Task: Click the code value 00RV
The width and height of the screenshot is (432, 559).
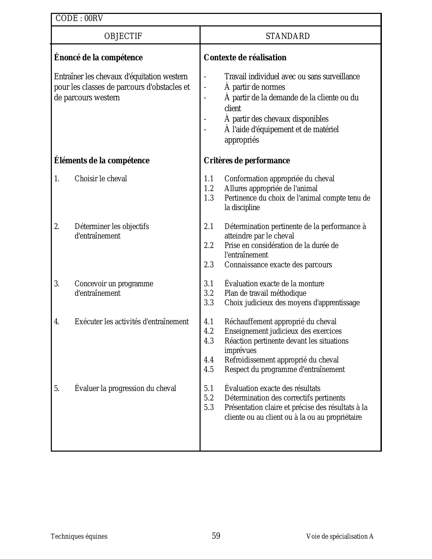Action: pos(94,19)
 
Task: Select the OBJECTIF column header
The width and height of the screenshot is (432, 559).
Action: pos(123,36)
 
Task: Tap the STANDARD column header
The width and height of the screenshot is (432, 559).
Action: pos(288,36)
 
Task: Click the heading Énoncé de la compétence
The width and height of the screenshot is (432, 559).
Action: pos(98,58)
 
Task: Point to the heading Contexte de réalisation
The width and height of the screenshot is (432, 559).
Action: pos(245,58)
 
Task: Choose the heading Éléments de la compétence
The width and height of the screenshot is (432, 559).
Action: pos(102,161)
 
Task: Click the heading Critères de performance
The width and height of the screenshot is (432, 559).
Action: pos(247,161)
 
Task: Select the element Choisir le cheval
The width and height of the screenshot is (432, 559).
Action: pos(101,179)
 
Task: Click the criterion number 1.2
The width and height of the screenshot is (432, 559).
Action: pos(209,189)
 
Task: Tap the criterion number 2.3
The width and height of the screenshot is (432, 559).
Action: pos(209,265)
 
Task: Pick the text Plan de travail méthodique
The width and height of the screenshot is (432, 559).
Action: pos(265,293)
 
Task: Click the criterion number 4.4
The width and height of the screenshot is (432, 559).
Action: pos(209,360)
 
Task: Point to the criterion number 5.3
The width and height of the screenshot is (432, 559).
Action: pos(209,408)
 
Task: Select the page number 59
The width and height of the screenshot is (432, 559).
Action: pos(216,536)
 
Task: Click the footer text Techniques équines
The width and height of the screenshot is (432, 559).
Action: pos(79,537)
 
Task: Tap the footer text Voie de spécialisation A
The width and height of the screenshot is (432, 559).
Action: pos(340,537)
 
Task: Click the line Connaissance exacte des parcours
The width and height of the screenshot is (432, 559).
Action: pos(278,265)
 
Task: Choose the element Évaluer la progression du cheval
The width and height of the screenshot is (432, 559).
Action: pos(125,389)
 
